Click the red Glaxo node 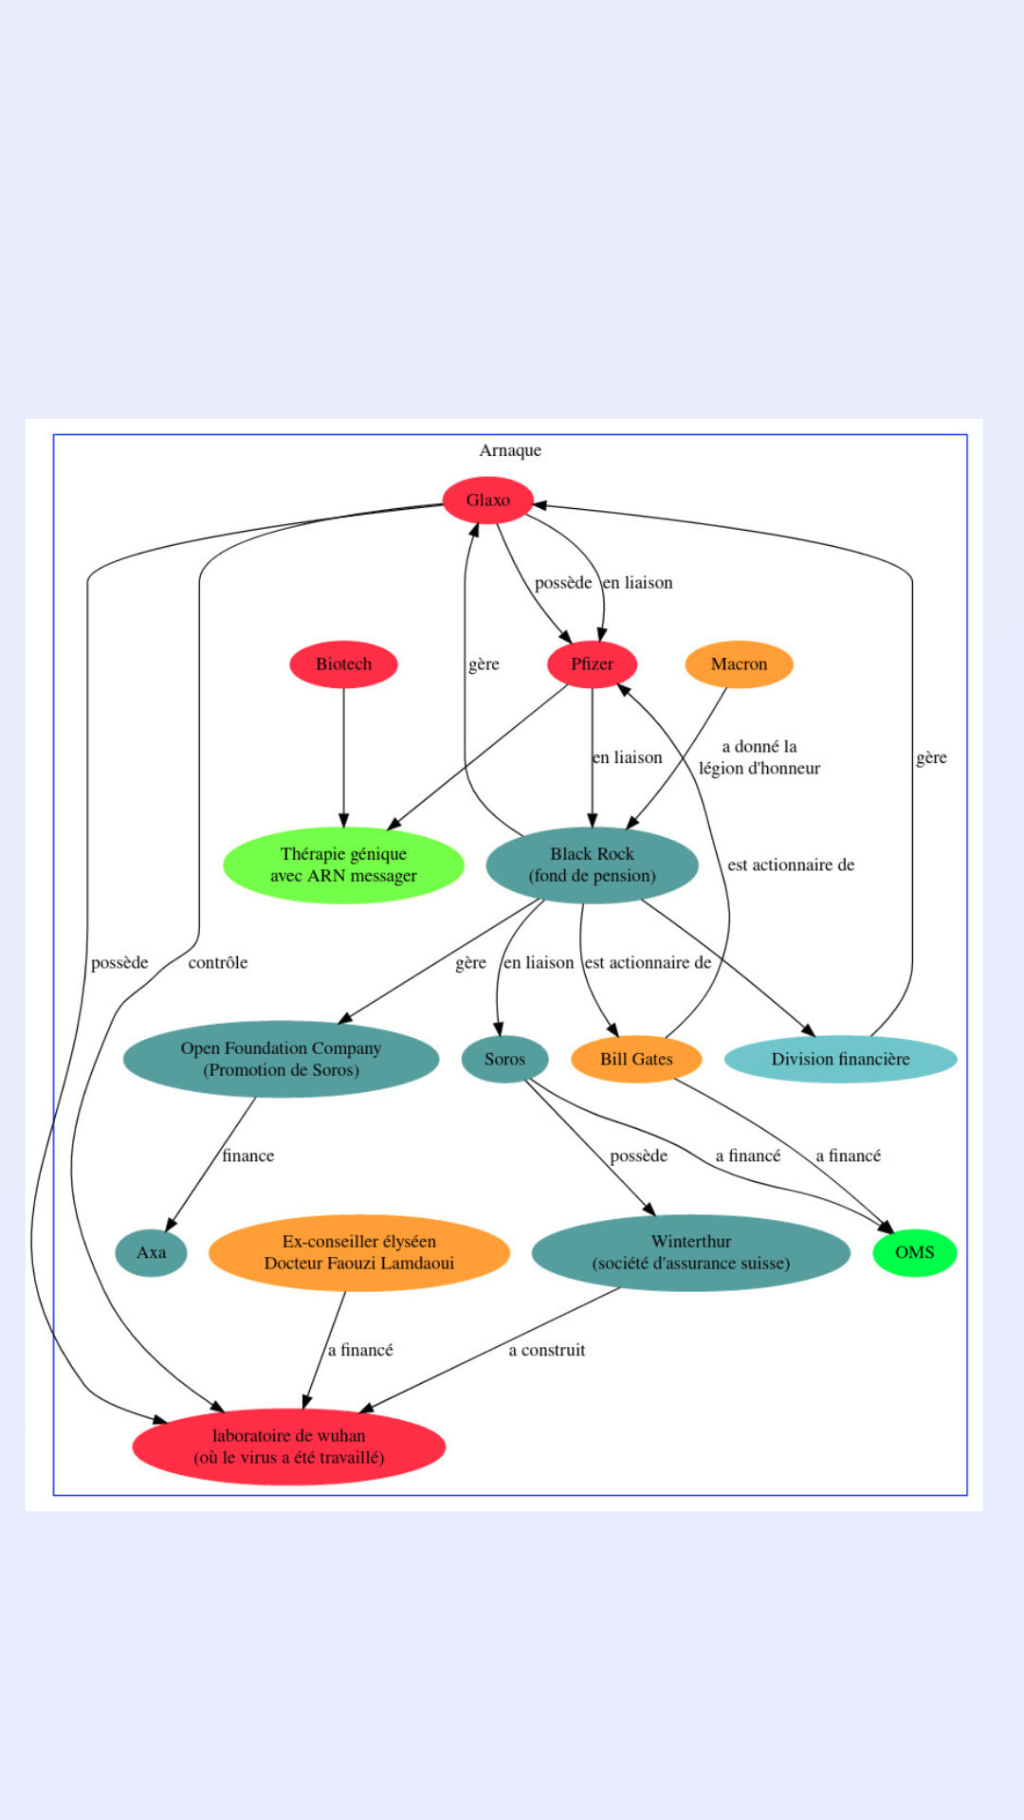pyautogui.click(x=487, y=500)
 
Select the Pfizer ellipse pyautogui.click(x=592, y=664)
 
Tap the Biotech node pyautogui.click(x=343, y=664)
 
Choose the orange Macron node pyautogui.click(x=739, y=664)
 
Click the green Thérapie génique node pyautogui.click(x=343, y=865)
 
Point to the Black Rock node pyautogui.click(x=592, y=865)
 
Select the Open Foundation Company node pyautogui.click(x=281, y=1059)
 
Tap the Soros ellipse pyautogui.click(x=504, y=1060)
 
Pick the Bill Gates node pyautogui.click(x=636, y=1060)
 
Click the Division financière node pyautogui.click(x=840, y=1060)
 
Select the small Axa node pyautogui.click(x=151, y=1253)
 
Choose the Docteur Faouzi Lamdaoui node pyautogui.click(x=358, y=1253)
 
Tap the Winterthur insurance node pyautogui.click(x=690, y=1253)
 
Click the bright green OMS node pyautogui.click(x=914, y=1253)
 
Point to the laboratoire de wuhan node pyautogui.click(x=288, y=1447)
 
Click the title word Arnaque pyautogui.click(x=510, y=450)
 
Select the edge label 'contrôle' pyautogui.click(x=217, y=963)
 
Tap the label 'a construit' pyautogui.click(x=546, y=1351)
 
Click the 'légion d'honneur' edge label pyautogui.click(x=759, y=758)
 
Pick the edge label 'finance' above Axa pyautogui.click(x=247, y=1156)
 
